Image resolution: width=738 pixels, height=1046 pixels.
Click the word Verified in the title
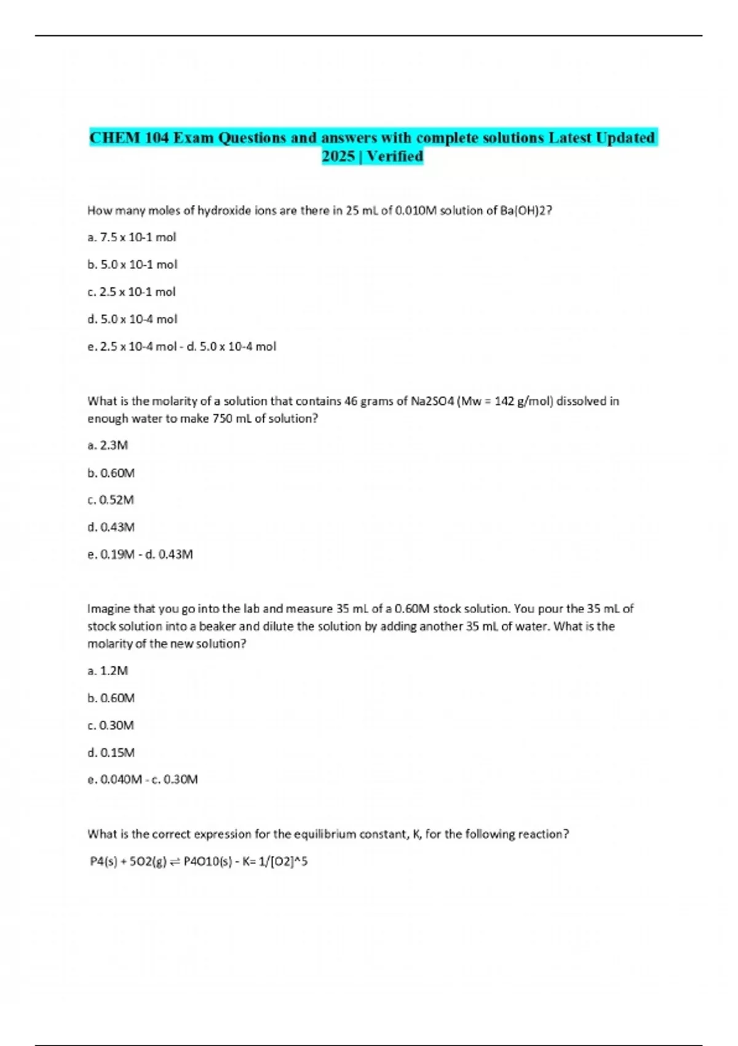pos(395,156)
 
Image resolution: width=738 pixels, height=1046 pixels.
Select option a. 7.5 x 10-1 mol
pos(132,238)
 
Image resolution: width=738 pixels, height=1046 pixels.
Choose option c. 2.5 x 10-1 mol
pos(132,292)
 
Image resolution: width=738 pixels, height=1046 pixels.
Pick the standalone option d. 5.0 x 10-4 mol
pos(132,319)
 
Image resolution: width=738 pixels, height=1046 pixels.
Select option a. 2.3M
pos(108,445)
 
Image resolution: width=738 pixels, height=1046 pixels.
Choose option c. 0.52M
pos(111,500)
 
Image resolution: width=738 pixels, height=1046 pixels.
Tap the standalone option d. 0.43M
pos(111,527)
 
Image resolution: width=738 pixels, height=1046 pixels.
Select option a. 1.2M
pos(108,671)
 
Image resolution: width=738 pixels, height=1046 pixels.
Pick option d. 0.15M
pos(111,753)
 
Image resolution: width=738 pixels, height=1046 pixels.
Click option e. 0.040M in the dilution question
pos(115,780)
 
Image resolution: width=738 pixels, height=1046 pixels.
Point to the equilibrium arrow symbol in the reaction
pos(175,862)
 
